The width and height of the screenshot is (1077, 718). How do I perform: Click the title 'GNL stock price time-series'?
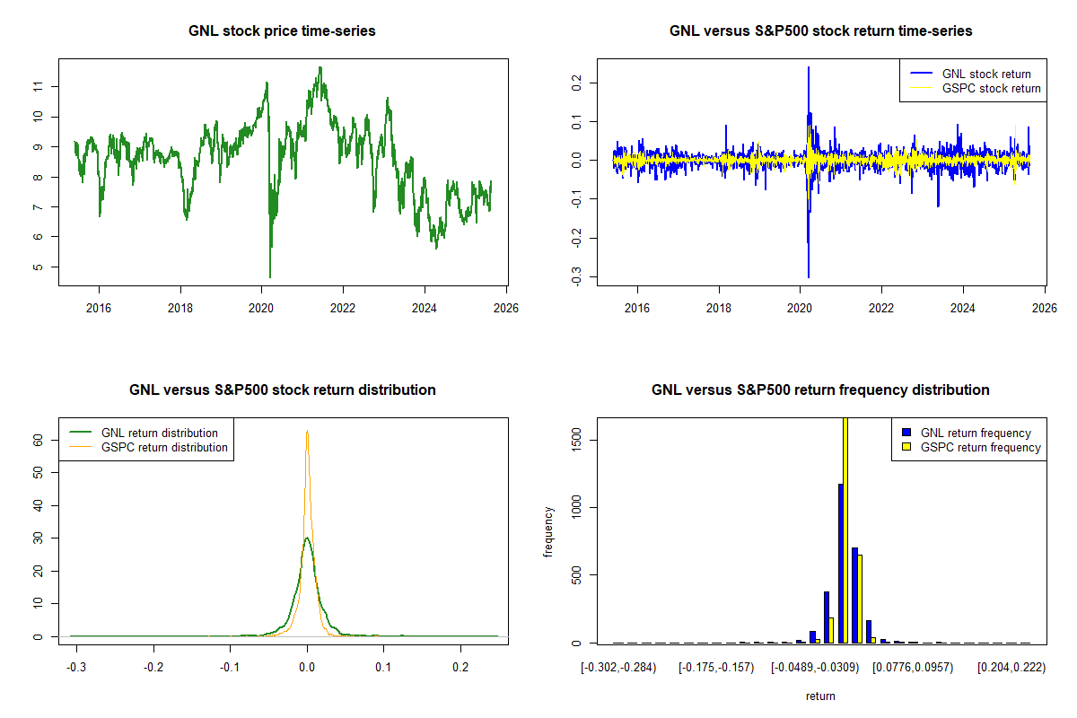click(282, 31)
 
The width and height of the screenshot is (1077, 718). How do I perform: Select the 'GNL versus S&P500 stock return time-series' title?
click(820, 31)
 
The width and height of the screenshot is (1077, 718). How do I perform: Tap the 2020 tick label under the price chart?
click(261, 306)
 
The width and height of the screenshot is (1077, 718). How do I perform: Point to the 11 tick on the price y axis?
click(39, 86)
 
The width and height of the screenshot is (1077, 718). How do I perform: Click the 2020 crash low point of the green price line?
click(270, 276)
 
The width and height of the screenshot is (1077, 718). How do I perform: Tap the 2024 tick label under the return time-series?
click(963, 306)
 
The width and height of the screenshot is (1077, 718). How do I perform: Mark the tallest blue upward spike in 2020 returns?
click(809, 68)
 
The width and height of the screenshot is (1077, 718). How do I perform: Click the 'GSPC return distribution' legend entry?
click(164, 447)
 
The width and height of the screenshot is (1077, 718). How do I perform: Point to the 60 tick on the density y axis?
click(39, 441)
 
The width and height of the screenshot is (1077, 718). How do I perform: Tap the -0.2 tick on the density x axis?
click(154, 668)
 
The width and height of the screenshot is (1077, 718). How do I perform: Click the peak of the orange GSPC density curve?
click(307, 431)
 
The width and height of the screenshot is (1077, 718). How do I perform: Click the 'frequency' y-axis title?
click(549, 531)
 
